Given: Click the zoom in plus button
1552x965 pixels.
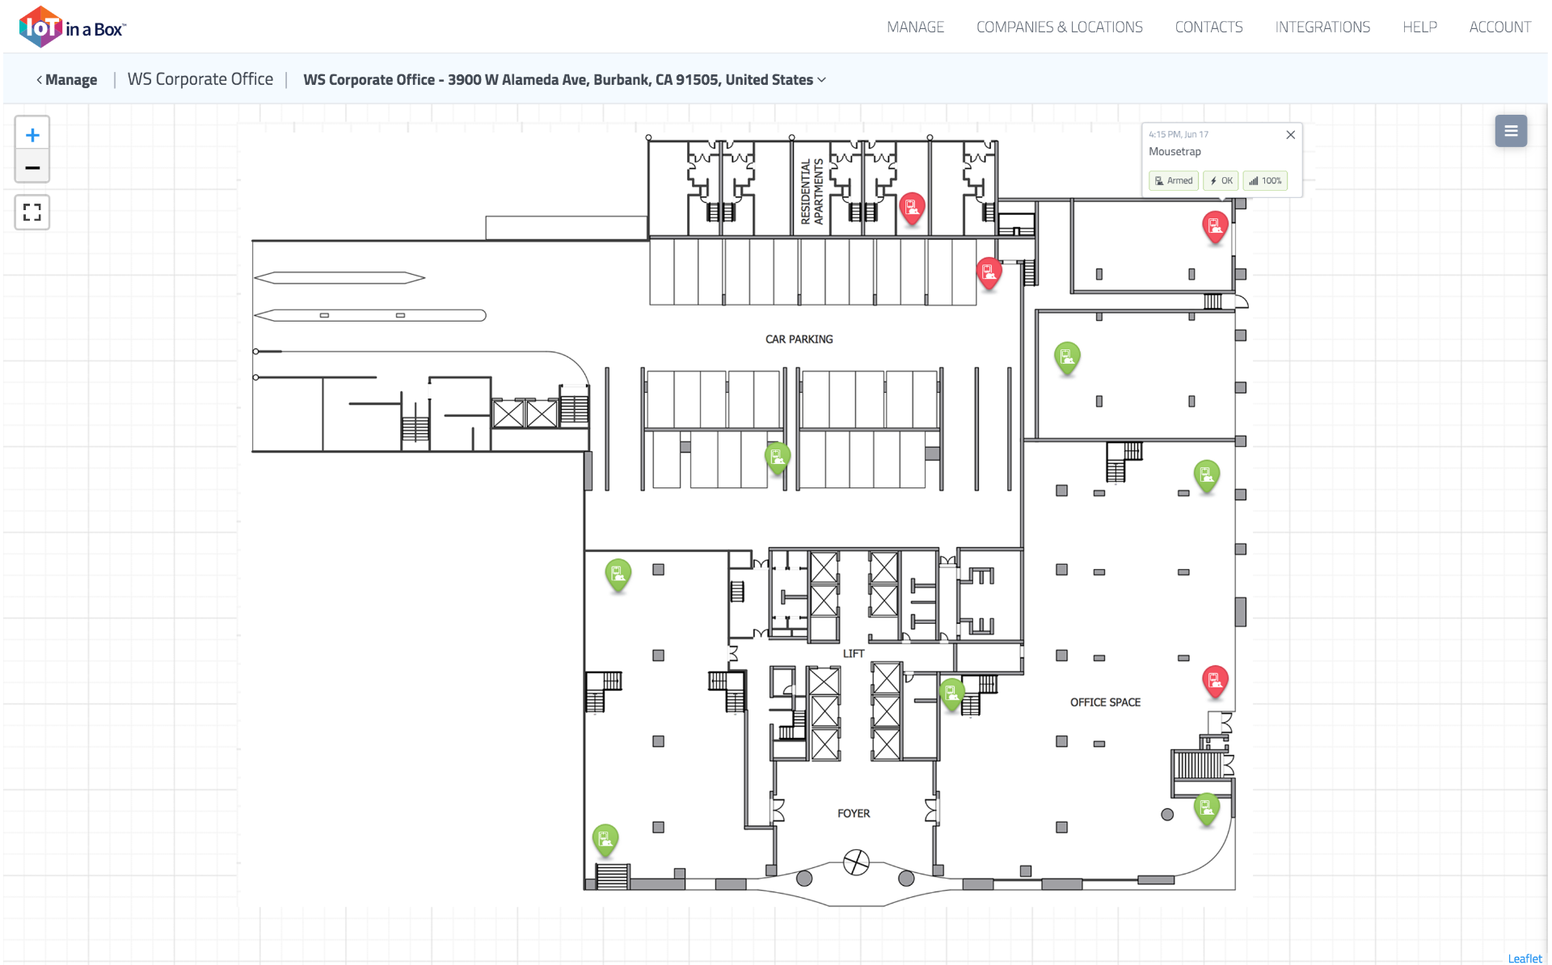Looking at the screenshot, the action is point(32,134).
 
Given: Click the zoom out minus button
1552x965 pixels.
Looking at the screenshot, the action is point(32,167).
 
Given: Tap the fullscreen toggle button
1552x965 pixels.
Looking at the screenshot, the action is point(32,212).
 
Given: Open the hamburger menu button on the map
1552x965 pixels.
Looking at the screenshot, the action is point(1510,131).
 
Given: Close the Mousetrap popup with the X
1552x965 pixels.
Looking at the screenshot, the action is point(1290,135).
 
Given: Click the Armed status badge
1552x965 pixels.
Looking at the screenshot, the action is point(1174,180).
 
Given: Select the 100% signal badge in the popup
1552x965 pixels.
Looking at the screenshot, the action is point(1265,180).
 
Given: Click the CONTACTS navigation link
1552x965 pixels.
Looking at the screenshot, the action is point(1208,27).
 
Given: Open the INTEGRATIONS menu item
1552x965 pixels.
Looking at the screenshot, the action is point(1322,27).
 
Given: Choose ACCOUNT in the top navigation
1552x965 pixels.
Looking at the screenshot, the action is point(1499,27).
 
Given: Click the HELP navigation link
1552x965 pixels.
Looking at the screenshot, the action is point(1419,27).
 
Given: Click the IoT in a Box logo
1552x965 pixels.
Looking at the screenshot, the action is point(73,27).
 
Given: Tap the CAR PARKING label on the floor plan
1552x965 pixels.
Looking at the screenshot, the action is point(799,339).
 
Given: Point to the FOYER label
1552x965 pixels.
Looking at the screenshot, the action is point(854,813).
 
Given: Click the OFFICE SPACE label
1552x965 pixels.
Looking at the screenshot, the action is point(1105,702).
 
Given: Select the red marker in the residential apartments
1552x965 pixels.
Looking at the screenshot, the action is point(912,208).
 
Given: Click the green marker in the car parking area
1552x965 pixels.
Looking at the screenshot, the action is point(777,457).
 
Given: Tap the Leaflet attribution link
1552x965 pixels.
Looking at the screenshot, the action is point(1525,959).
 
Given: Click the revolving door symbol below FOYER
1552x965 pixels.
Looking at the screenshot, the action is point(856,862).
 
